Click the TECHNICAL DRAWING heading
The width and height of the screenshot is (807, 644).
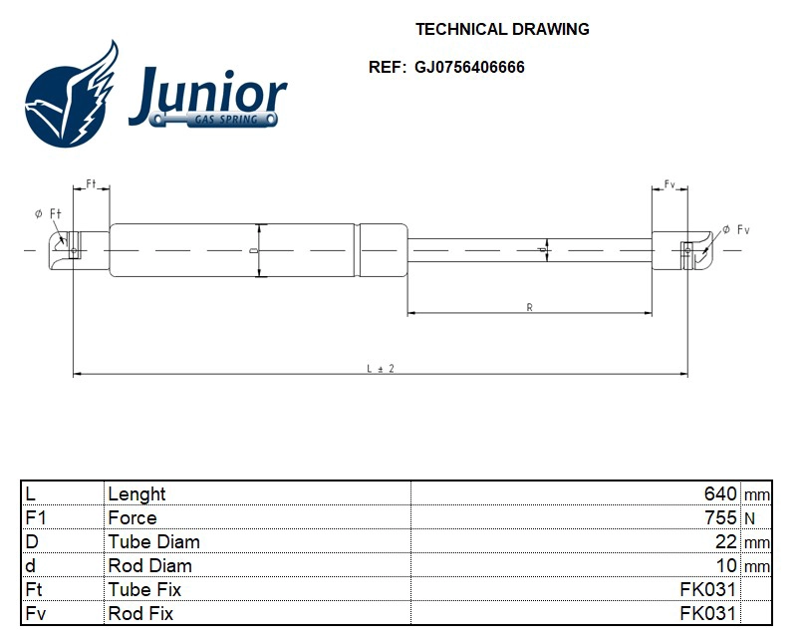tap(501, 29)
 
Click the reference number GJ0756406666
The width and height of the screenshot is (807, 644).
tap(469, 68)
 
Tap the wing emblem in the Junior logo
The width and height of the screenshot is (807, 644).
tap(71, 95)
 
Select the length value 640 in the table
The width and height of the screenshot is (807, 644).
tap(719, 493)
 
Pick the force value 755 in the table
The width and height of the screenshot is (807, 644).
tap(719, 517)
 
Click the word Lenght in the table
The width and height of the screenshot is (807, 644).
tap(136, 493)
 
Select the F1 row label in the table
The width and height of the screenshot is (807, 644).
tap(36, 517)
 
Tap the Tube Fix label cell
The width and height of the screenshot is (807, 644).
tap(144, 589)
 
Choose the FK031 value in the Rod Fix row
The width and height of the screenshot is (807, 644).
tap(707, 613)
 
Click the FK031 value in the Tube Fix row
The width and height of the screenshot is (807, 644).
tap(707, 589)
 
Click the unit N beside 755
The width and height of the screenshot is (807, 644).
tap(749, 518)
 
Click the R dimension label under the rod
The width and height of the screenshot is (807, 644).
tap(529, 308)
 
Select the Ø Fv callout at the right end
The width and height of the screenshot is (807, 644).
tap(735, 230)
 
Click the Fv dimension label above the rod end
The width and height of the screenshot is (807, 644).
tap(670, 185)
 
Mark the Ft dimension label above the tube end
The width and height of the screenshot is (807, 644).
tap(91, 185)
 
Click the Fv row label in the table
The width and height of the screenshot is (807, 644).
tap(36, 613)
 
